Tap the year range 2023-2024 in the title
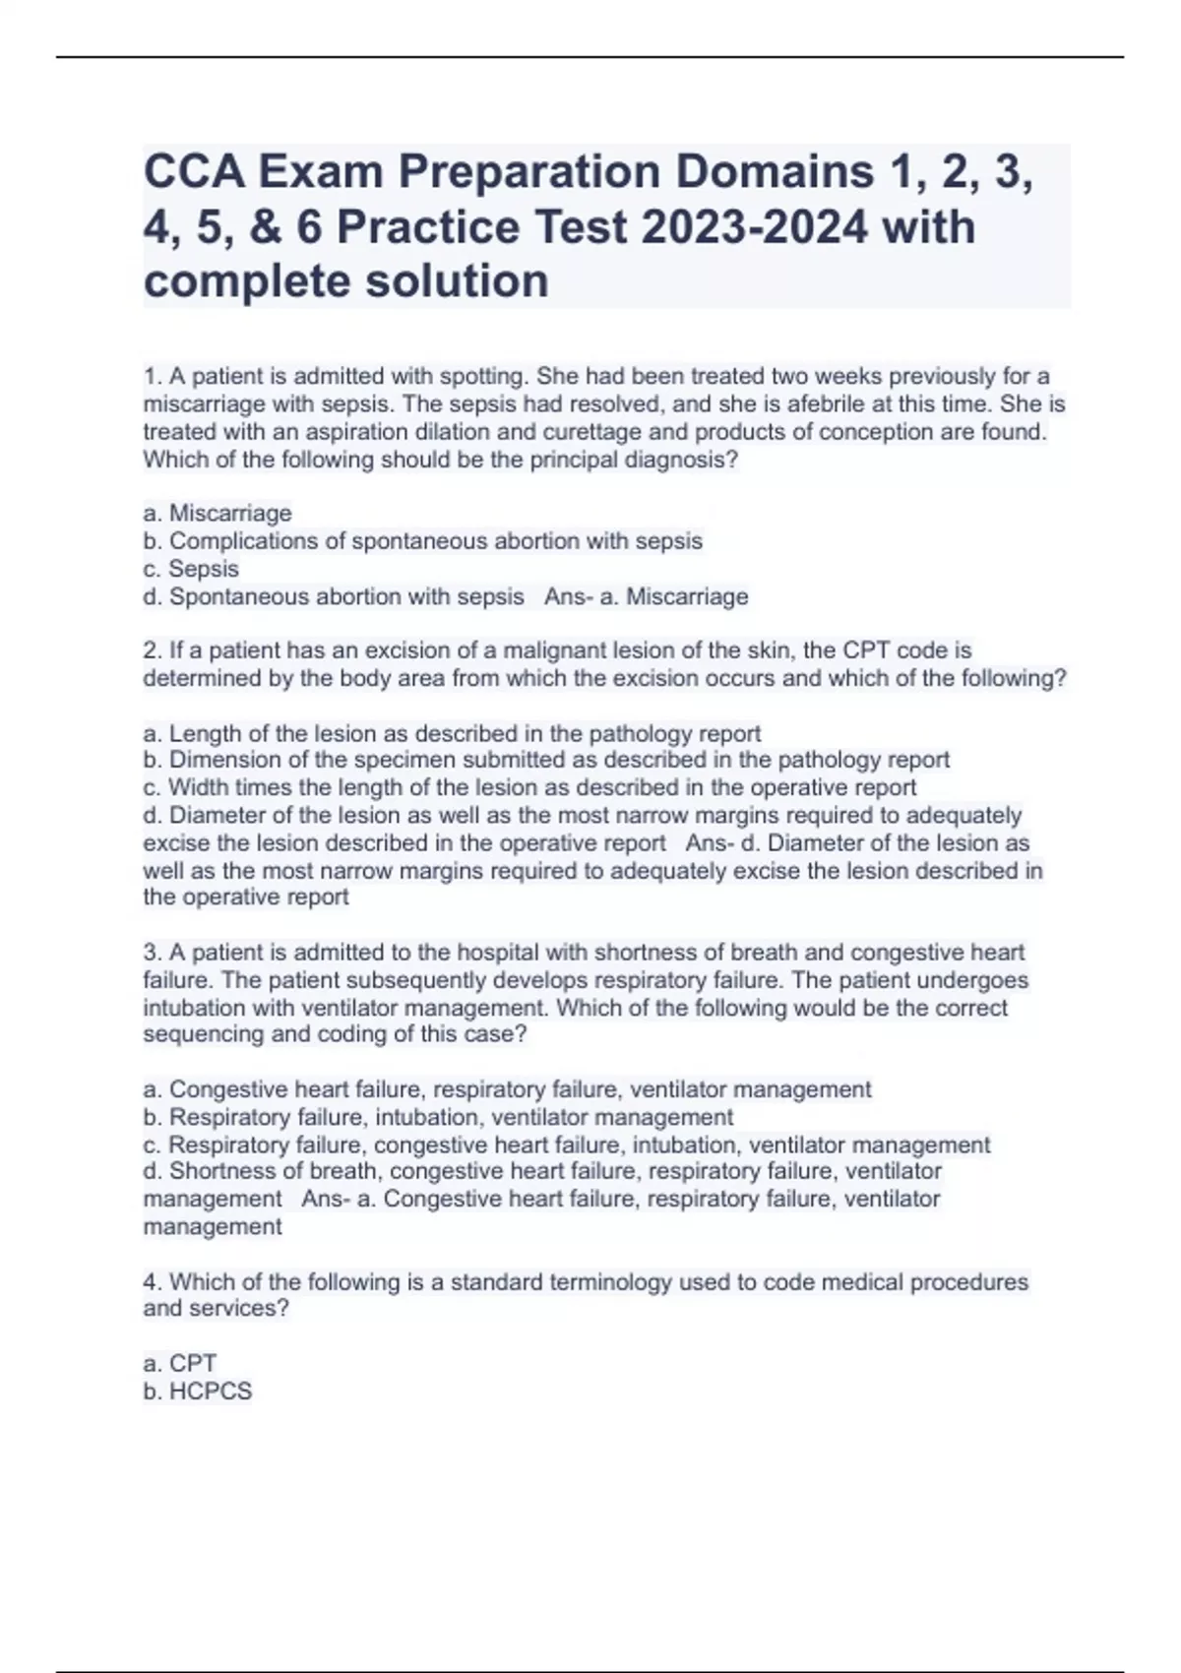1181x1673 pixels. [755, 227]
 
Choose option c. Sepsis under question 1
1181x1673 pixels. [192, 569]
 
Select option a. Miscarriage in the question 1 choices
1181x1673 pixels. [218, 513]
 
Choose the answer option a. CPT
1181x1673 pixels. [180, 1364]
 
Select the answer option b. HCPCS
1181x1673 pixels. [198, 1392]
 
